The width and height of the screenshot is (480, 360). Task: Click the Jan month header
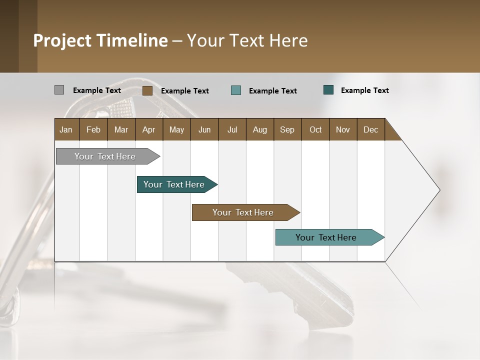(66, 129)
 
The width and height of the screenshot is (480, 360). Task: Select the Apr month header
(148, 129)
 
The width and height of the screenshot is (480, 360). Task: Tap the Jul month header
(232, 129)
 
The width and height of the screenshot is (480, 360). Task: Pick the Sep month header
(287, 129)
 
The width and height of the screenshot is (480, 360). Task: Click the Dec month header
(370, 129)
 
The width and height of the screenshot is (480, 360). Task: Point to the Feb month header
(93, 129)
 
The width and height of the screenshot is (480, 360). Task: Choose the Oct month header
(315, 129)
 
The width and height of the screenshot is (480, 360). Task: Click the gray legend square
(59, 90)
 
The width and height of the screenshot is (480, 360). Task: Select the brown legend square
(147, 90)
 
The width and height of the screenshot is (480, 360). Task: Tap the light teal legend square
(236, 90)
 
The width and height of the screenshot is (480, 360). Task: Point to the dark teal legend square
(328, 90)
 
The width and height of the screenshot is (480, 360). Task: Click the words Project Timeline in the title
(100, 40)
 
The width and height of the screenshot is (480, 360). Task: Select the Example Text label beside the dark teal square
(364, 90)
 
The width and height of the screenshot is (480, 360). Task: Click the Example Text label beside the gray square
(96, 90)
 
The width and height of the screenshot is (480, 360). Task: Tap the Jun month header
(204, 129)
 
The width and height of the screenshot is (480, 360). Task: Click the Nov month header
(343, 129)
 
